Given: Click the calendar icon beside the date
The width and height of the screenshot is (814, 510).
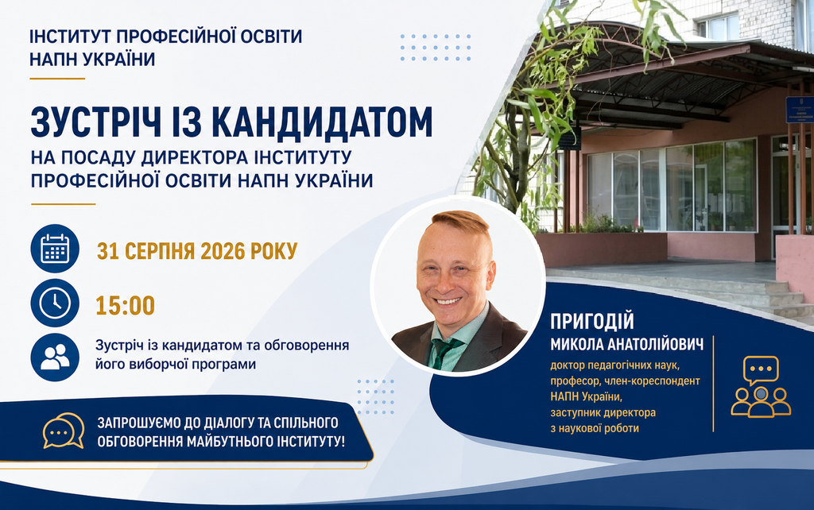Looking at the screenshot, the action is click(55, 249).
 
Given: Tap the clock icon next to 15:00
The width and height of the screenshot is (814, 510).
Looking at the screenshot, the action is click(55, 303).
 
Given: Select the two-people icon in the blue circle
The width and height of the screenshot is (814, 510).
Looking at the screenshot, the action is click(55, 357).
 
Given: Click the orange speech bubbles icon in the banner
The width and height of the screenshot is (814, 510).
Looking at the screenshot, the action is click(64, 431).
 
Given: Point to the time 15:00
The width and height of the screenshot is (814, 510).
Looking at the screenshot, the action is click(125, 306).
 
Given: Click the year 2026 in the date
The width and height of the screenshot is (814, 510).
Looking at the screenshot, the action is click(223, 251).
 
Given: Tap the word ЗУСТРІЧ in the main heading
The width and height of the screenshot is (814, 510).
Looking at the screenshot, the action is click(96, 122).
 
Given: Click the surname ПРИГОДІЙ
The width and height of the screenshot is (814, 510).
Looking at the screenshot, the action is click(592, 321).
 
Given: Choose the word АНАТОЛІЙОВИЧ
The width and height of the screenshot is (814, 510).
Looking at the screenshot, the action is click(656, 344).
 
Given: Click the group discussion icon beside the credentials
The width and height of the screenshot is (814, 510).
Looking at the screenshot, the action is click(761, 387).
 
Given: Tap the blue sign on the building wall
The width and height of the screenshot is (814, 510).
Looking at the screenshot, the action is click(800, 109).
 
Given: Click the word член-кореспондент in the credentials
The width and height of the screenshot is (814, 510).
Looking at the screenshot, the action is click(655, 381).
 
